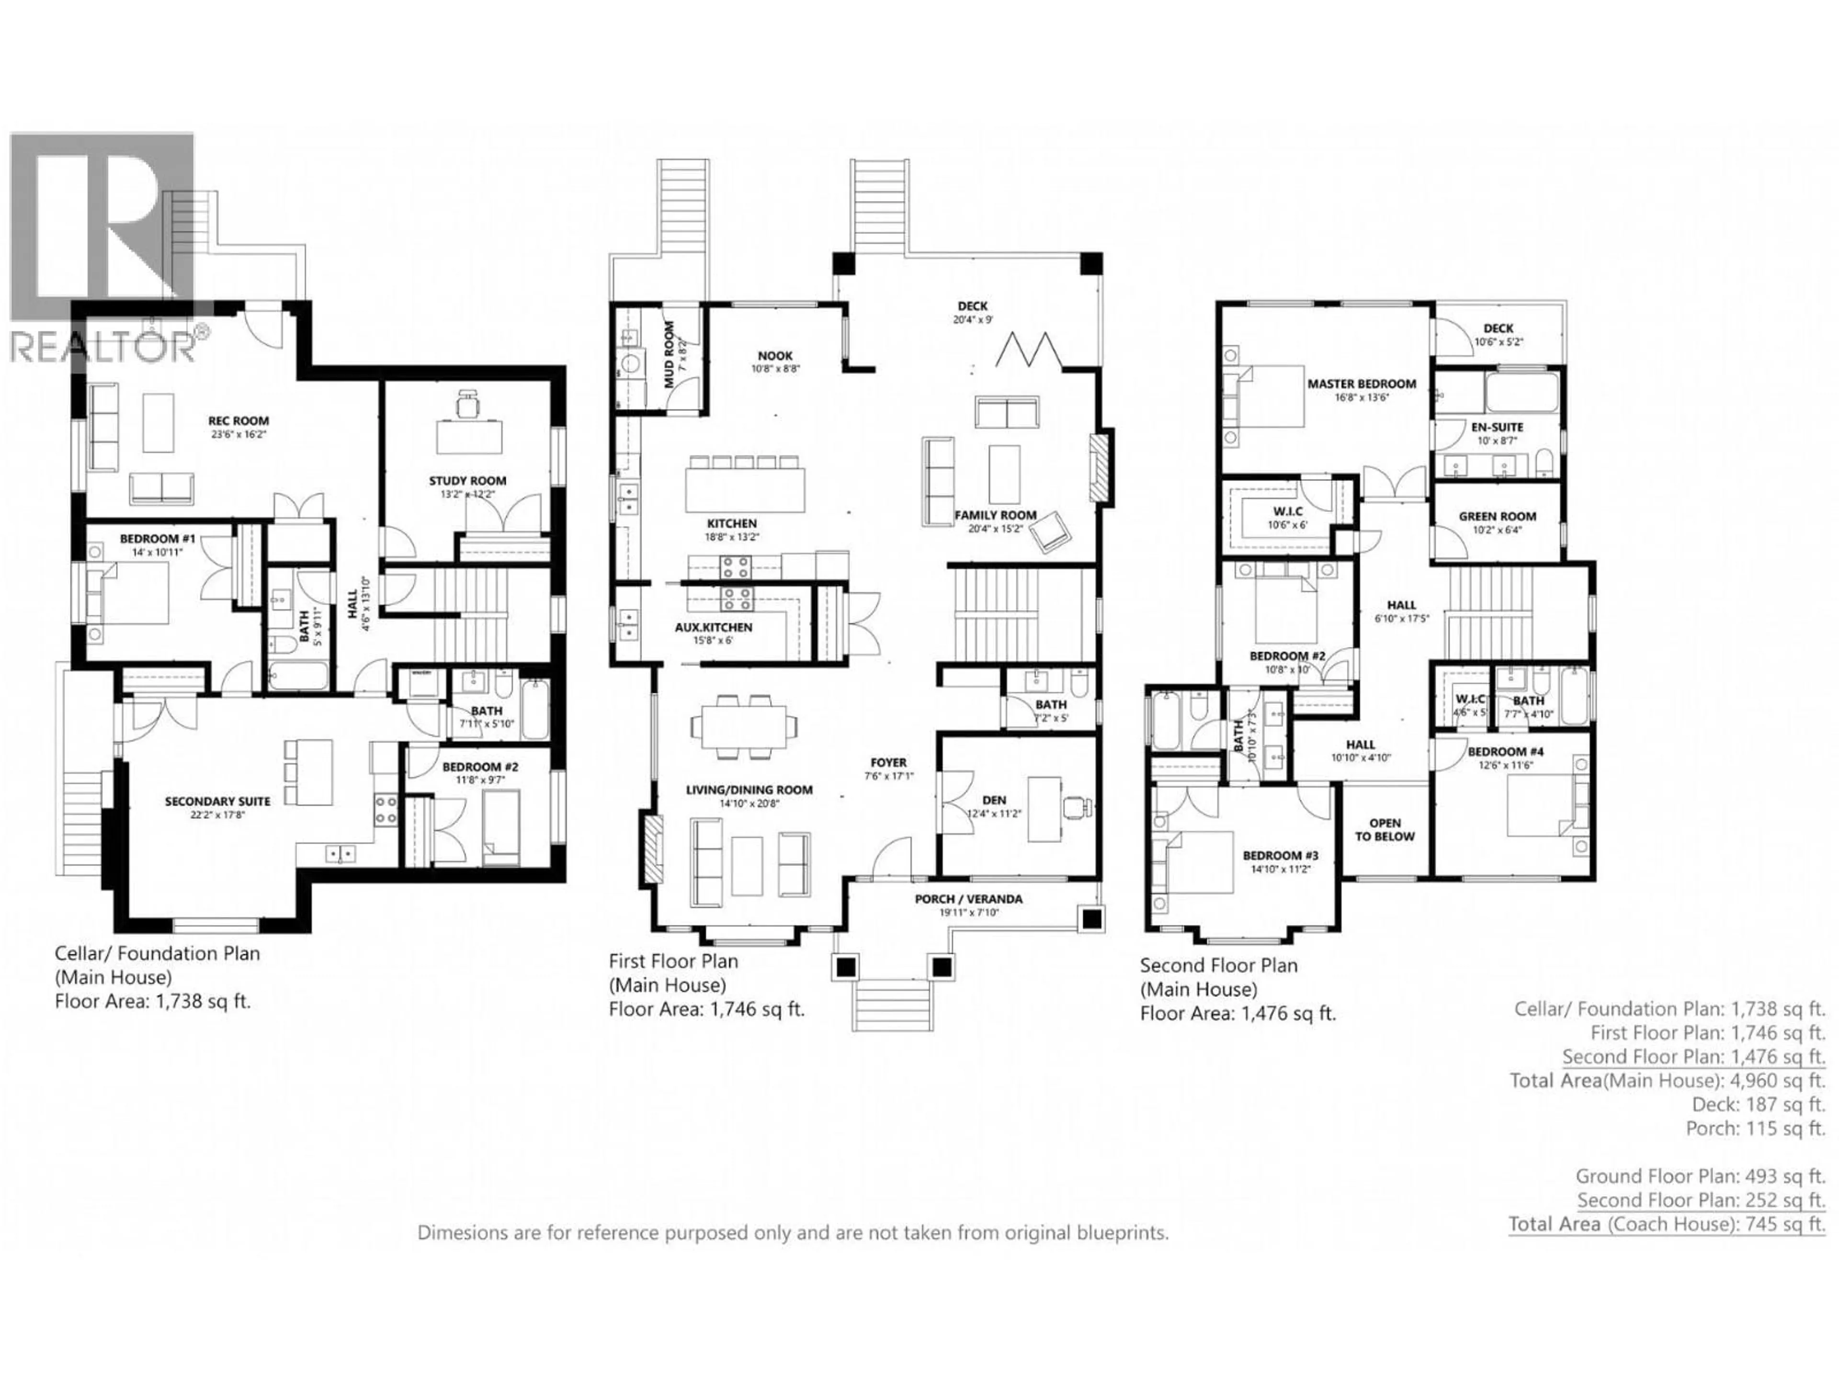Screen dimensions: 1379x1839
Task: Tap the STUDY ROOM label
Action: [x=467, y=480]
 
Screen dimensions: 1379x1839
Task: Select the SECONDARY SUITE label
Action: [x=217, y=801]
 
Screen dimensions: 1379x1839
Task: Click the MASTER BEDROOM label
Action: [x=1361, y=384]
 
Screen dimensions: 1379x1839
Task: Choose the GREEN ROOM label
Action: [x=1498, y=516]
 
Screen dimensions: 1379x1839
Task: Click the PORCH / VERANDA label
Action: [x=968, y=899]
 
